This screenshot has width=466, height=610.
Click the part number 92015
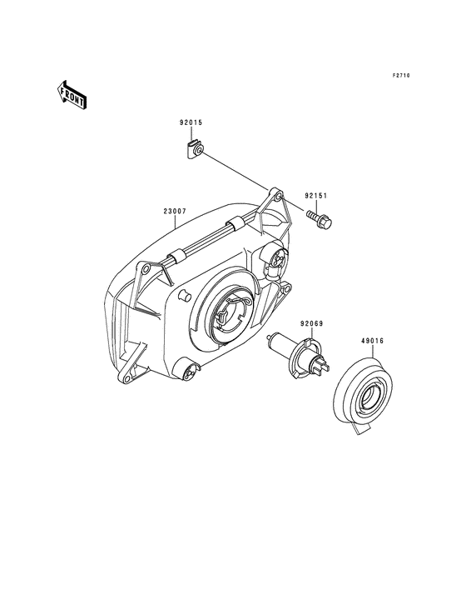[x=191, y=122]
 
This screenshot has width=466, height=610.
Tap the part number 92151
[x=315, y=196]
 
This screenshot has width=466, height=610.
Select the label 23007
[x=175, y=211]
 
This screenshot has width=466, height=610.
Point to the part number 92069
[x=311, y=323]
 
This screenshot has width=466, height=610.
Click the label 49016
[x=372, y=341]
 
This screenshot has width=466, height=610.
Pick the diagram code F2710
[x=401, y=76]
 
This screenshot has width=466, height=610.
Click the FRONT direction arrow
[x=72, y=95]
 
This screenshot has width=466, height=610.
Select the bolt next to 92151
[x=320, y=219]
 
